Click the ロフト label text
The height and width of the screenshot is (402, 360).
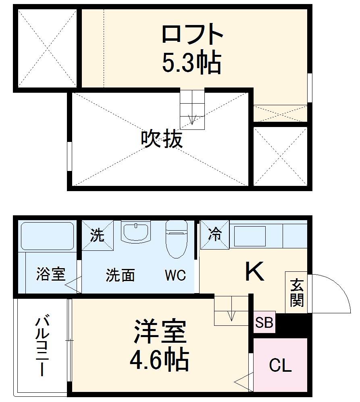click(x=192, y=35)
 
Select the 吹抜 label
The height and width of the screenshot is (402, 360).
click(x=162, y=140)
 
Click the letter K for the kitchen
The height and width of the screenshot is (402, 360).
click(x=255, y=272)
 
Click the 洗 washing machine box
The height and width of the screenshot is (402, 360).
click(x=97, y=235)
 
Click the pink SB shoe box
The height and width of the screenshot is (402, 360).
click(x=264, y=323)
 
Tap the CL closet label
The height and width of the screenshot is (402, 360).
click(x=280, y=366)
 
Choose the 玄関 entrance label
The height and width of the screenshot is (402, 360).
click(x=296, y=293)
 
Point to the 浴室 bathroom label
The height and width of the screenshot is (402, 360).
click(x=50, y=274)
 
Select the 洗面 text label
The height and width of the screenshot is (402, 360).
click(x=120, y=275)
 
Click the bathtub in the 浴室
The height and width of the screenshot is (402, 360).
click(x=47, y=236)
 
